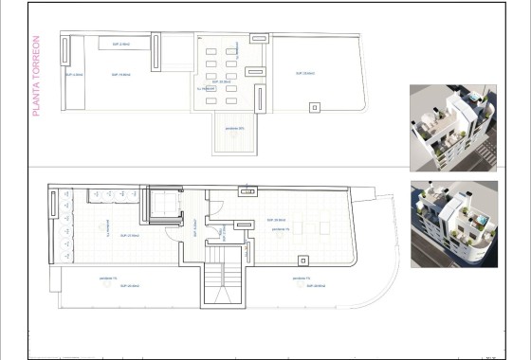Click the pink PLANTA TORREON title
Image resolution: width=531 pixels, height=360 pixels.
pos(36,77)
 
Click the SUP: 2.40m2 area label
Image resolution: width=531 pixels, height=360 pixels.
pos(119,43)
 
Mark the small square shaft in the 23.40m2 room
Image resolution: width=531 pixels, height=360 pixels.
pos(314,107)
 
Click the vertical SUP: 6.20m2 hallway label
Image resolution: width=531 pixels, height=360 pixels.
pos(193,228)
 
